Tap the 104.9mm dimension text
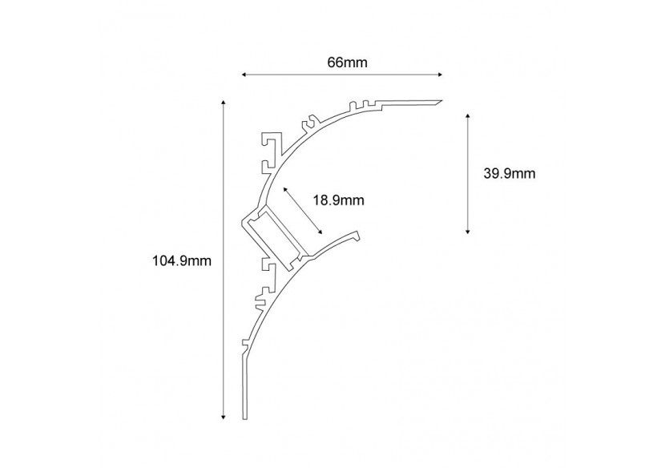pyautogui.click(x=181, y=260)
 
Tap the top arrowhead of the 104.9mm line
pyautogui.click(x=222, y=103)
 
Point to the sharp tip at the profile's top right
pyautogui.click(x=441, y=102)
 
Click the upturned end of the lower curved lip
pyautogui.click(x=357, y=234)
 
